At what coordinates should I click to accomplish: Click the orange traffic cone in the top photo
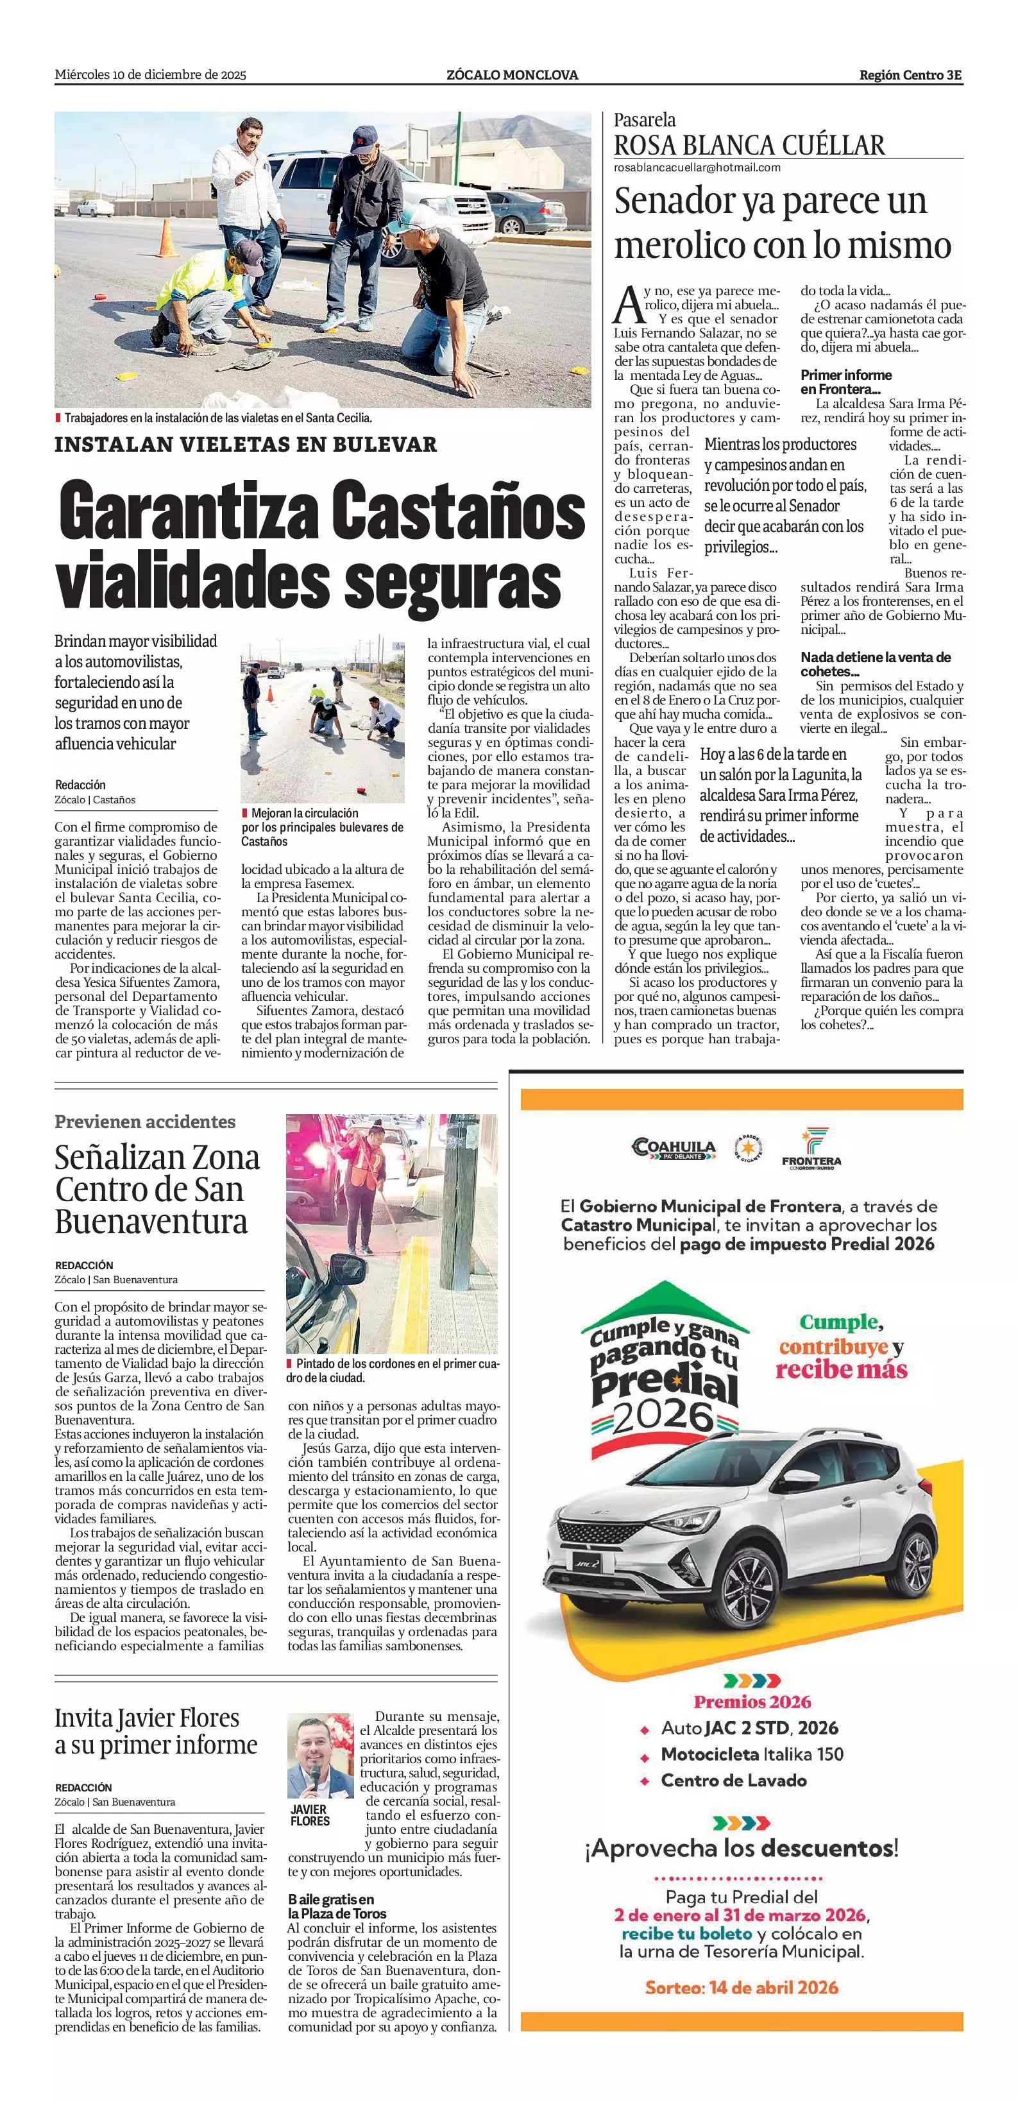(x=166, y=237)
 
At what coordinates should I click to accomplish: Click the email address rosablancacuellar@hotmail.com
(x=697, y=167)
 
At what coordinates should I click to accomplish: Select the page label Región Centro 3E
(x=910, y=75)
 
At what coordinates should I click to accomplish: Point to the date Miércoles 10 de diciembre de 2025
(x=150, y=75)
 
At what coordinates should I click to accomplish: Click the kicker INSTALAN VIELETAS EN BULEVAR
(x=246, y=445)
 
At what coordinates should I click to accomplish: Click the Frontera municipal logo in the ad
(x=811, y=1147)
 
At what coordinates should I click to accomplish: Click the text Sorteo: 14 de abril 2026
(x=742, y=1987)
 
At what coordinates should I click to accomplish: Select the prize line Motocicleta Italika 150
(x=751, y=1754)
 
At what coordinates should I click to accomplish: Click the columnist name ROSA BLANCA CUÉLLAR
(x=749, y=145)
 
